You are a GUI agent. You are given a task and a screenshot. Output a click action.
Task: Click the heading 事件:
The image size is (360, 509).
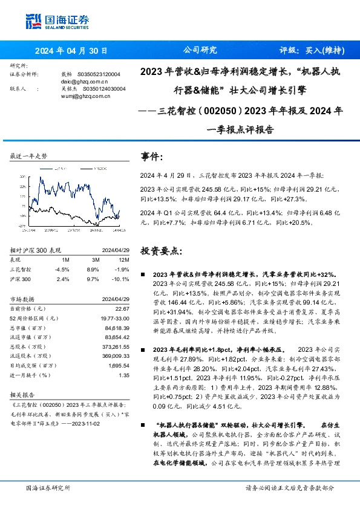click(x=152, y=157)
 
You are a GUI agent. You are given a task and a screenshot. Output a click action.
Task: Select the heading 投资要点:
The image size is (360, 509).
click(x=160, y=250)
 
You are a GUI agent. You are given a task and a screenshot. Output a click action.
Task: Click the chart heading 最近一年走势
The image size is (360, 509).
click(x=28, y=155)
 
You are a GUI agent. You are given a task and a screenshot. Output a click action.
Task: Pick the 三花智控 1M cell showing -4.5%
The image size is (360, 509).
click(x=62, y=269)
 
